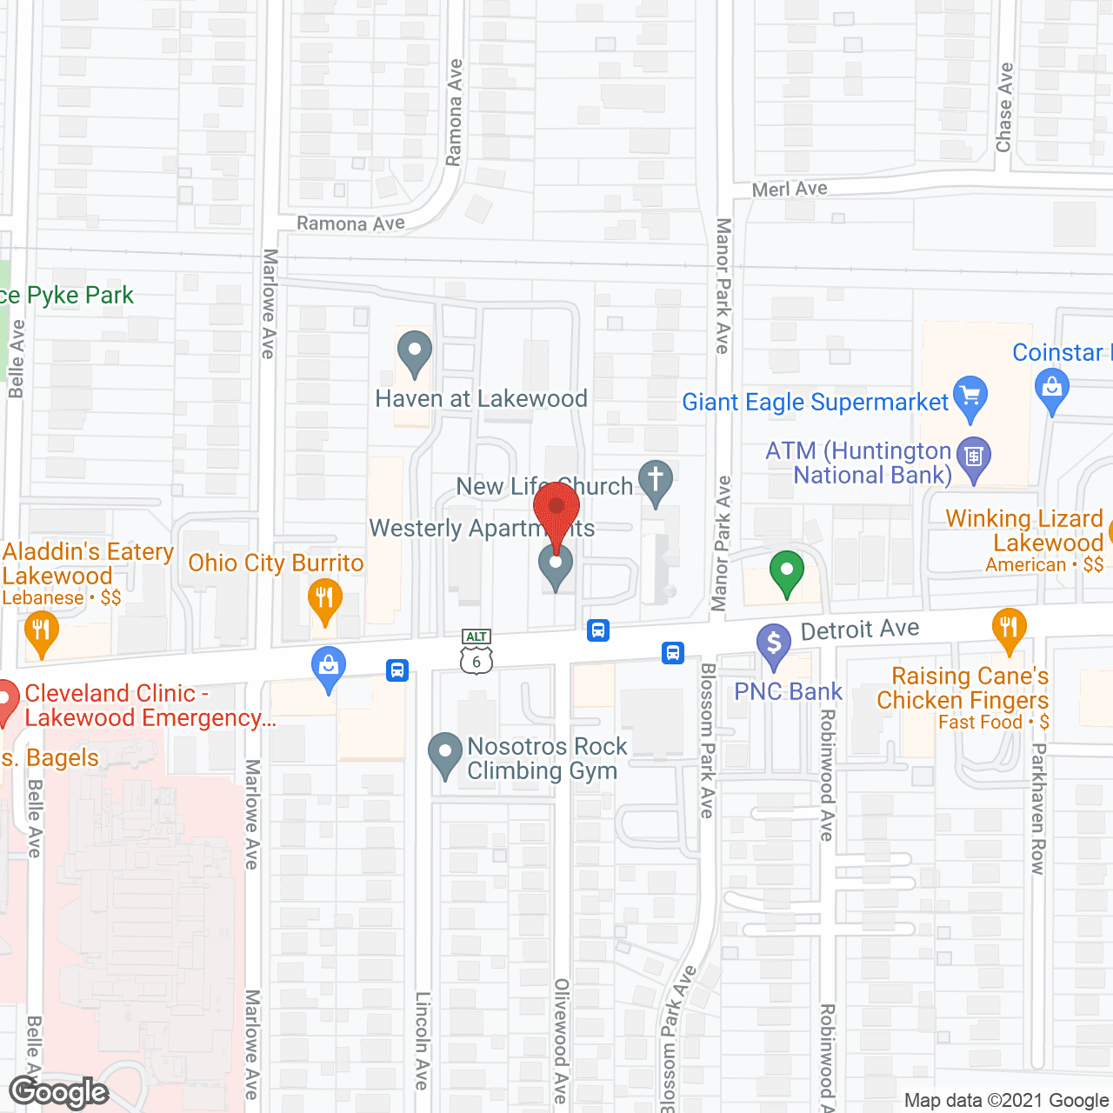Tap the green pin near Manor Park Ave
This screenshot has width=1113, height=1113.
[787, 573]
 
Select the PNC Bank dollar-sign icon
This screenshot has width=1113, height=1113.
[773, 646]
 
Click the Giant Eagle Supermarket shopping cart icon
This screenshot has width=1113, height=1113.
[970, 396]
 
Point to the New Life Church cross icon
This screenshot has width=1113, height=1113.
[656, 481]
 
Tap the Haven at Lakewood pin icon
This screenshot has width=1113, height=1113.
[414, 353]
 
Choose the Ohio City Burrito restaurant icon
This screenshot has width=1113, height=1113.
[325, 600]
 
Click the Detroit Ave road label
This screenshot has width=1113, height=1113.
[859, 629]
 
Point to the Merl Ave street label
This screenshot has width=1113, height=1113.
[790, 189]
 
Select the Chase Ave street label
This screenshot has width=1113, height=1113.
[1004, 107]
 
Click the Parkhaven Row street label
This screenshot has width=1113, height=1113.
[1037, 808]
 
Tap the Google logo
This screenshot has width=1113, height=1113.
[59, 1092]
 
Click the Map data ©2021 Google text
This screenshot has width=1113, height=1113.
[1007, 1101]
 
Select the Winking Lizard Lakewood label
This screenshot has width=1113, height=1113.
[1024, 530]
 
